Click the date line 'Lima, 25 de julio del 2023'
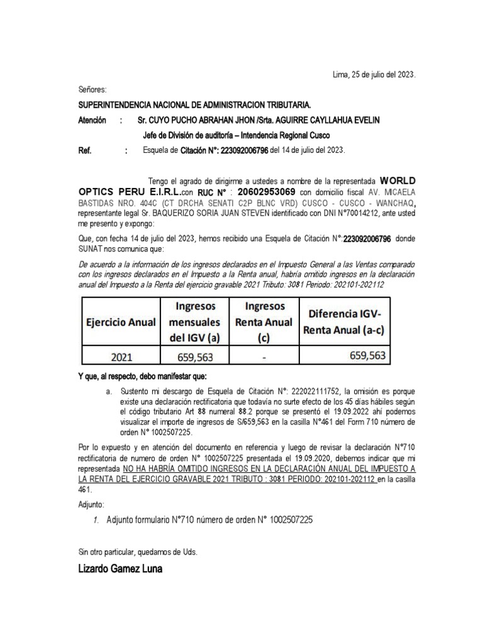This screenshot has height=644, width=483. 374,75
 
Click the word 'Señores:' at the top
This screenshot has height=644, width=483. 92,90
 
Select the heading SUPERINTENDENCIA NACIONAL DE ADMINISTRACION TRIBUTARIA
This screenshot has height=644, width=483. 194,105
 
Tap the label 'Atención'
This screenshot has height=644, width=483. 92,120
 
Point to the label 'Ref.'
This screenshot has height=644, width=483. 85,150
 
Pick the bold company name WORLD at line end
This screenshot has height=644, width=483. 398,178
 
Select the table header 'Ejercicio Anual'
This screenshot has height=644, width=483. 120,322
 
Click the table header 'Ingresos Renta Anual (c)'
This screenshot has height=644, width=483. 265,322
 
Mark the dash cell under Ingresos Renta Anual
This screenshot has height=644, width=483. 265,358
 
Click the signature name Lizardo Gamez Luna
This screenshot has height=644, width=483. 120,570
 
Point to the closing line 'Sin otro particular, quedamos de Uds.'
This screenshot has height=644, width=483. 138,552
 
